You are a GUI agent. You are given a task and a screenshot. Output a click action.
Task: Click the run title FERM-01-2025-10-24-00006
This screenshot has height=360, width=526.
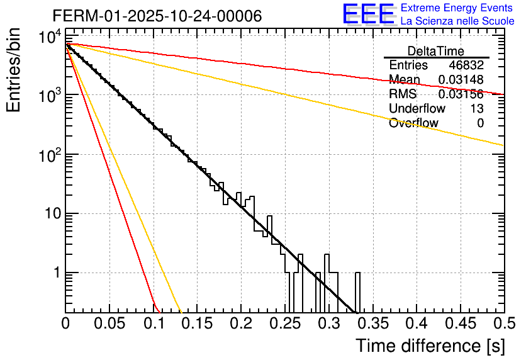157,16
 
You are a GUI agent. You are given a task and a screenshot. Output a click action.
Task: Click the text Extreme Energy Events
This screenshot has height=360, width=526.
457,8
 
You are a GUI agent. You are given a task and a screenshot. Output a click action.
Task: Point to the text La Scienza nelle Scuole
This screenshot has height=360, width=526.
457,21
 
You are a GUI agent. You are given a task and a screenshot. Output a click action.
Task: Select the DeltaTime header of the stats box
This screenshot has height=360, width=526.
435,51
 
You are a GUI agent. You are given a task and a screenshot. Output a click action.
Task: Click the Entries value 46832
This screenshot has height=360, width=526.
466,65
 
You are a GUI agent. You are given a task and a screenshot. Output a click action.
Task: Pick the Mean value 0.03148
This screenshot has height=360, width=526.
461,80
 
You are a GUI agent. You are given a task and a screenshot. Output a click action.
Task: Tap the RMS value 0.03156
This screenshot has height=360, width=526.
461,94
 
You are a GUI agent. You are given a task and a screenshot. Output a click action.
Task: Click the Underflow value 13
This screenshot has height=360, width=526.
477,109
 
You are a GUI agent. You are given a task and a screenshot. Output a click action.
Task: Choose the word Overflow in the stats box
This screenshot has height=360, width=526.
413,123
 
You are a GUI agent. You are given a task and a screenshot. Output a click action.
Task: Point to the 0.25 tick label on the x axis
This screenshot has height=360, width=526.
284,324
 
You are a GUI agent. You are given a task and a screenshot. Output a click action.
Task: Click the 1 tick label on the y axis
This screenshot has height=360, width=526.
55,273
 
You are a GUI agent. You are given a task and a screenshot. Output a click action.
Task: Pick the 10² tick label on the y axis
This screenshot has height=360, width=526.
48,154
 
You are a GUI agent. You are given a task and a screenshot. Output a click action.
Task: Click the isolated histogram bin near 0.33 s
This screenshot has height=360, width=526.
358,293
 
